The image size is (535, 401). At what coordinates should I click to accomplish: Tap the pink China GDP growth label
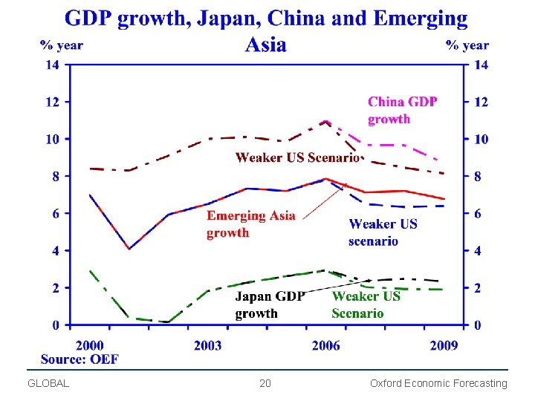(x=402, y=110)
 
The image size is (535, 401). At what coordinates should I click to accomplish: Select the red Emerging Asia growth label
(x=250, y=224)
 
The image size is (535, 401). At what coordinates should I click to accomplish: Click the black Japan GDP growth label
(x=270, y=304)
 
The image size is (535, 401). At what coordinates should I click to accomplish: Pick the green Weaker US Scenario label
(x=366, y=304)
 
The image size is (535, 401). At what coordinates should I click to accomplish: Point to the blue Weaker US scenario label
(x=383, y=232)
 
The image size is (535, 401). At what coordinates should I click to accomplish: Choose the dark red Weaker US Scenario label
(x=297, y=157)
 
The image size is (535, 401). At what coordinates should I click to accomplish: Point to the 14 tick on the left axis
(x=52, y=65)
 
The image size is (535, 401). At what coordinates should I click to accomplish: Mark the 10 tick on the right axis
(x=481, y=140)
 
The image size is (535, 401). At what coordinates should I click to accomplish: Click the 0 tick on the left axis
(x=56, y=325)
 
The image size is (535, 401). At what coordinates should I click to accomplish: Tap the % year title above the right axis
(x=467, y=45)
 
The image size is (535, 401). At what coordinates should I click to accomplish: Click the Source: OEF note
(x=80, y=359)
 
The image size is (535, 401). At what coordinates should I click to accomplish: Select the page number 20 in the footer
(x=265, y=384)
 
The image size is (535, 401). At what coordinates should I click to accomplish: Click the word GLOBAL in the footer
(x=48, y=384)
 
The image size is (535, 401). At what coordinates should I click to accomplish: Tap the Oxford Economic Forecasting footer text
(x=438, y=384)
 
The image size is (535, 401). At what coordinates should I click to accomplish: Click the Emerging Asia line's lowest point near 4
(x=129, y=249)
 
